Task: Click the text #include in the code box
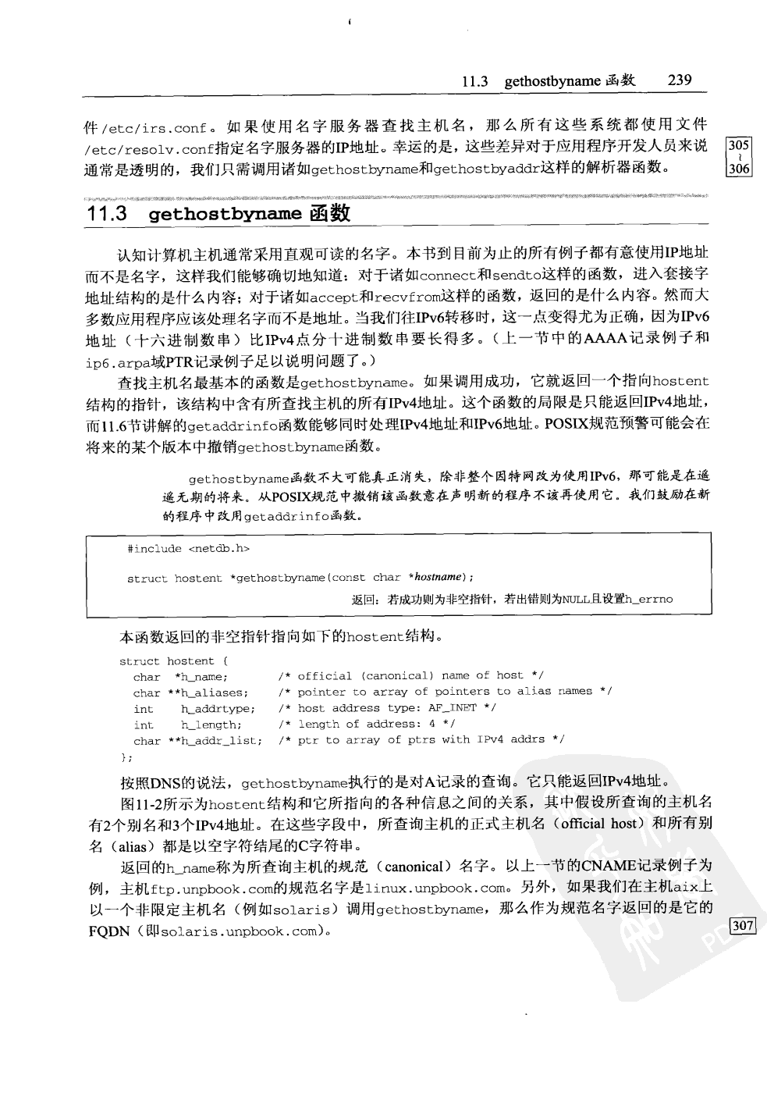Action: [154, 549]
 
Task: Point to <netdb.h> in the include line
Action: [218, 549]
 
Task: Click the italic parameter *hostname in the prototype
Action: [437, 578]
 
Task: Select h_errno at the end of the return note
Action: [648, 600]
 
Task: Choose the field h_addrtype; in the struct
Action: [218, 709]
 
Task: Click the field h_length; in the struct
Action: [211, 725]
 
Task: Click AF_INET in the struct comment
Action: [452, 709]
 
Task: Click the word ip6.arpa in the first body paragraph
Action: [115, 362]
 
